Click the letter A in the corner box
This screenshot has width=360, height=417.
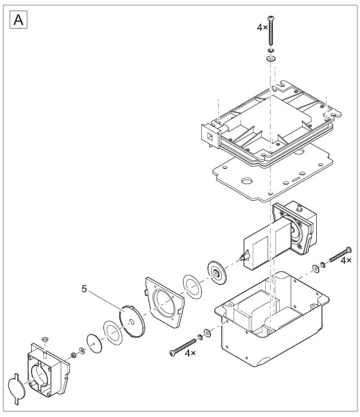click(x=18, y=19)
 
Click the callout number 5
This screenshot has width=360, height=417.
click(x=85, y=289)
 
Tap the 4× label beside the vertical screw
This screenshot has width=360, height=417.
click(x=262, y=27)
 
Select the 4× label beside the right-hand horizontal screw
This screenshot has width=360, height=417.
click(x=346, y=260)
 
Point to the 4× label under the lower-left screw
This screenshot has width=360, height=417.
click(x=190, y=353)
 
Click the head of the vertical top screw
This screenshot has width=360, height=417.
click(x=271, y=18)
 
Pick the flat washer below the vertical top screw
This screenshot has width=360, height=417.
click(x=271, y=58)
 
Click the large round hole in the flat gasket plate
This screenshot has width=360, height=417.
click(x=247, y=181)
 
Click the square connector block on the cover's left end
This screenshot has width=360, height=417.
click(x=210, y=136)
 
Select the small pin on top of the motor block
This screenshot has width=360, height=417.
click(x=299, y=208)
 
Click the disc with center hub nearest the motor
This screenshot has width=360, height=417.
click(x=216, y=272)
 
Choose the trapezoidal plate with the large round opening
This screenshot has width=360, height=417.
click(x=164, y=302)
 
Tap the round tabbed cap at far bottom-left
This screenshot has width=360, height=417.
click(x=16, y=389)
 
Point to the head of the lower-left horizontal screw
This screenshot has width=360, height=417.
click(x=173, y=353)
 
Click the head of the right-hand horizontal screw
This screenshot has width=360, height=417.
click(x=348, y=250)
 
